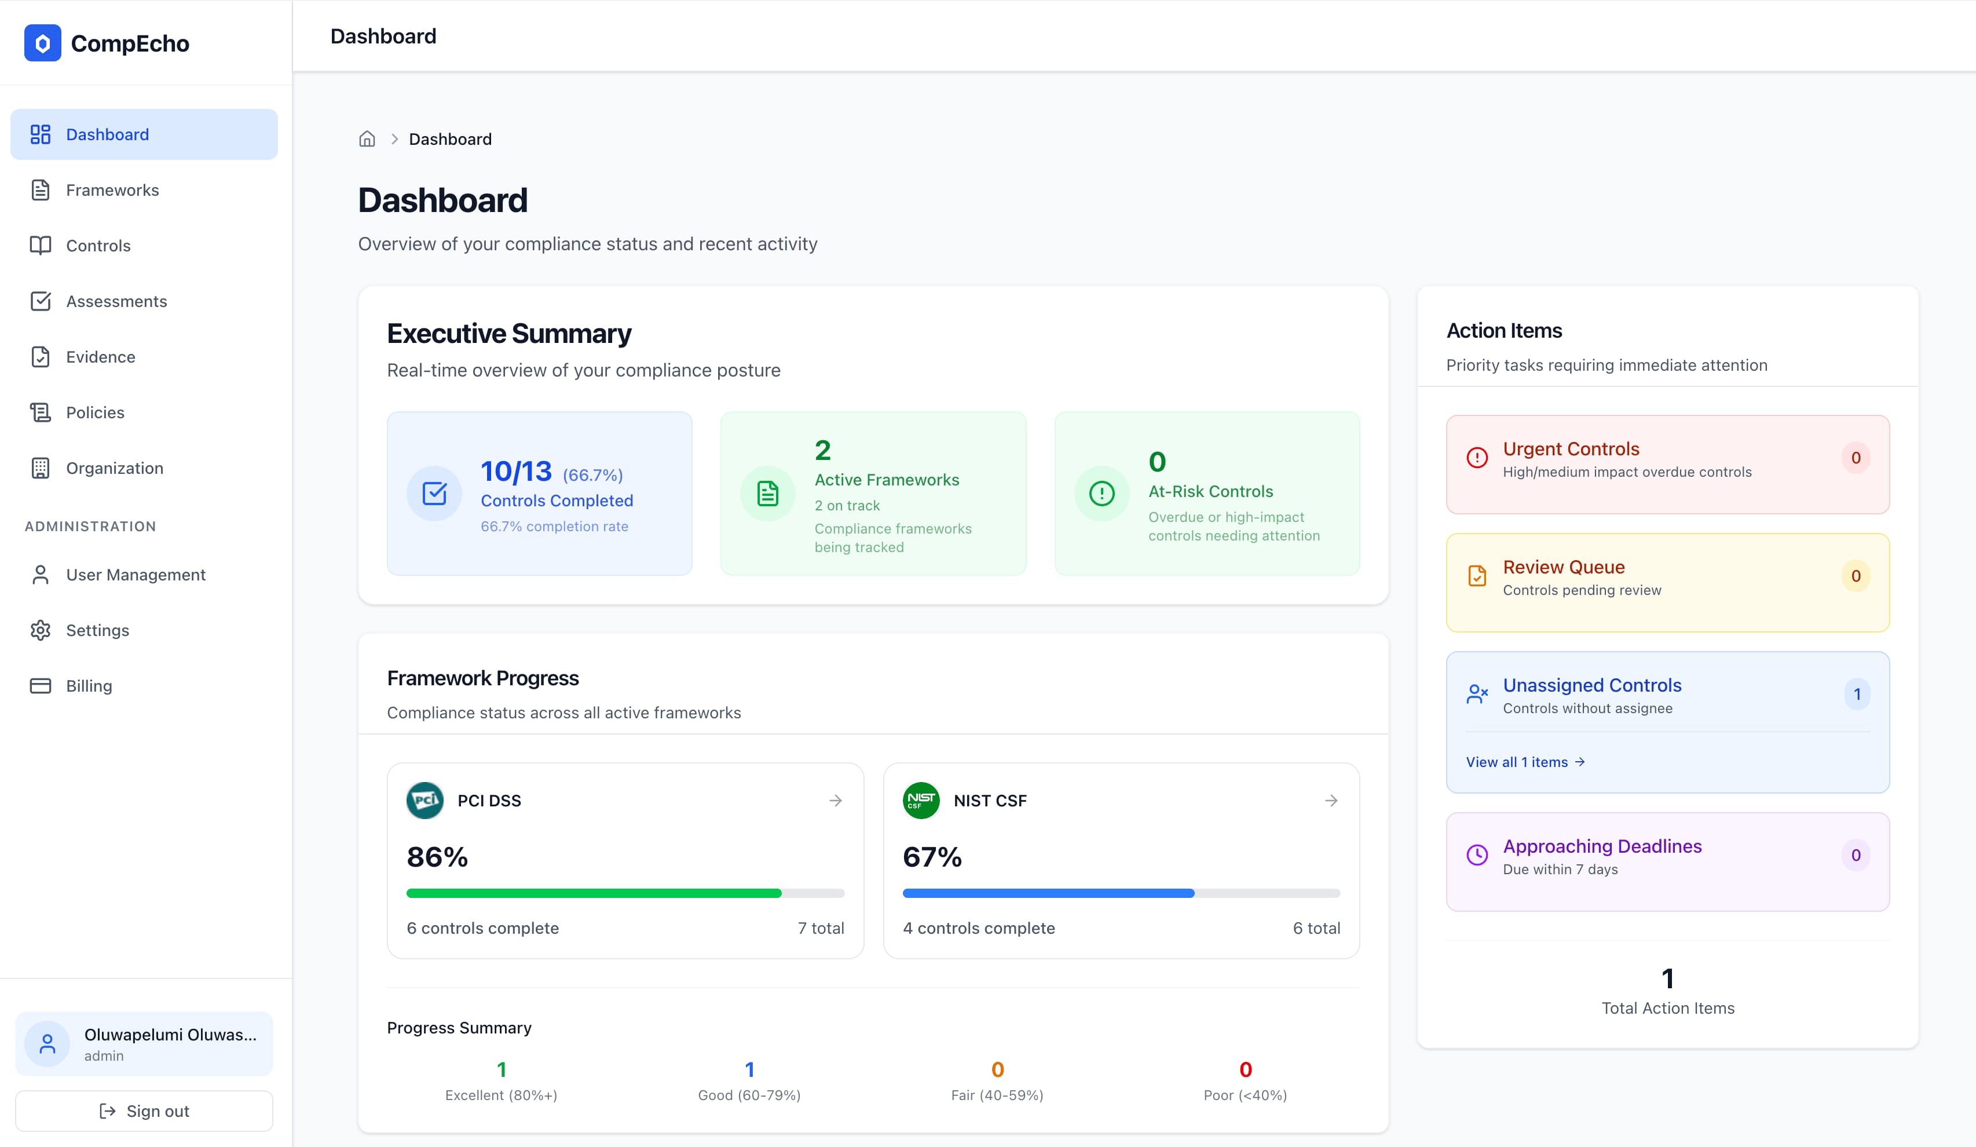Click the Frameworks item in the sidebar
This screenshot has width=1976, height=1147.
[112, 190]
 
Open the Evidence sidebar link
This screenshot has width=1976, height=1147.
[100, 357]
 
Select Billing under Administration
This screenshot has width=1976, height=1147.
[89, 686]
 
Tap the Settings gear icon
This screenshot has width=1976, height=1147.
[40, 630]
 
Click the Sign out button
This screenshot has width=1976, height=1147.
[144, 1111]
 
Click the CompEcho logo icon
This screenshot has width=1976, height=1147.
[42, 43]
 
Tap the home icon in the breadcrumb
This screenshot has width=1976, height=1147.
[367, 139]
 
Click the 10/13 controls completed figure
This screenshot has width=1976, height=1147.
[516, 472]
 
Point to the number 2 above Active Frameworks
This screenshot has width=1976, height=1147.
[822, 450]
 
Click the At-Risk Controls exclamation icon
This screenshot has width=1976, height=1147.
[1102, 494]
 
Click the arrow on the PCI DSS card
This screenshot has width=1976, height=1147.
[835, 800]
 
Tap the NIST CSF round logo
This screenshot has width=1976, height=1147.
[921, 800]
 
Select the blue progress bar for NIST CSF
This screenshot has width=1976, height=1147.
[1048, 893]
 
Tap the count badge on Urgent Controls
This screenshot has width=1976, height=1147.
[1855, 458]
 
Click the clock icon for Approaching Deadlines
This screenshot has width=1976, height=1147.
[1477, 855]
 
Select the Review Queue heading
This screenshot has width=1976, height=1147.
[1564, 567]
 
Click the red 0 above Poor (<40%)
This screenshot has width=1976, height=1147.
[1245, 1069]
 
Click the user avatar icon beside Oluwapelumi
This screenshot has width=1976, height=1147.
[47, 1043]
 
